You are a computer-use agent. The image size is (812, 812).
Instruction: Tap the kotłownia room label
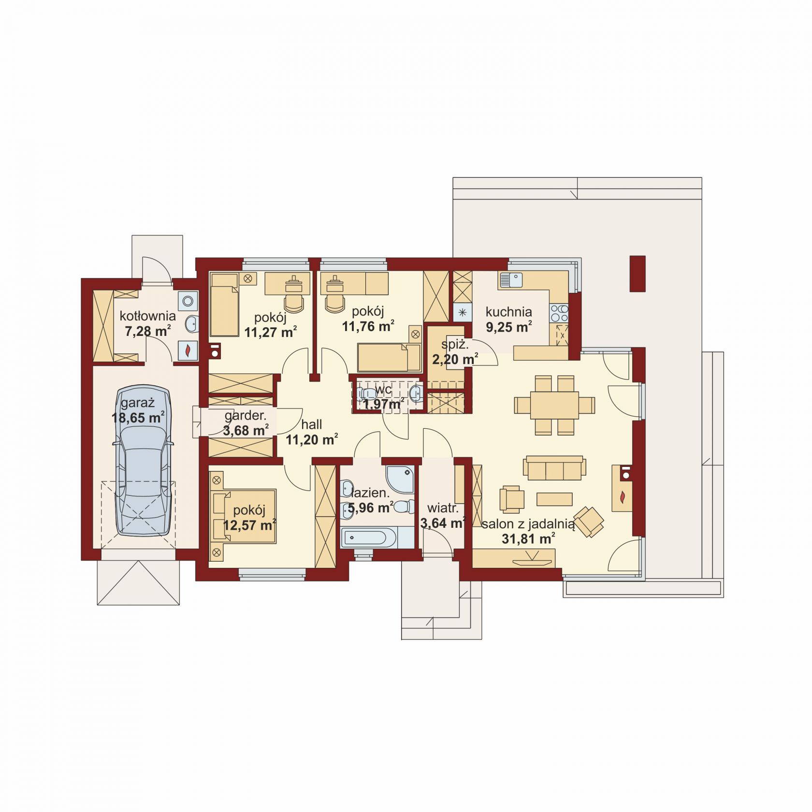[x=147, y=316]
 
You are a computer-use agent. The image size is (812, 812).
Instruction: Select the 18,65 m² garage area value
[x=138, y=418]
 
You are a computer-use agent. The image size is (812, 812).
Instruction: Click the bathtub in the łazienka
[x=370, y=537]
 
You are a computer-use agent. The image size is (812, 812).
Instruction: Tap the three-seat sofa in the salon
[x=554, y=467]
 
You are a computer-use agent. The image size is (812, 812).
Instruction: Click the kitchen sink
[x=511, y=280]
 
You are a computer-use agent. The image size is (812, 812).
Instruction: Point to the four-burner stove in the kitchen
[x=559, y=313]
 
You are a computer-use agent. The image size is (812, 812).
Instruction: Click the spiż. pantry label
[x=455, y=345]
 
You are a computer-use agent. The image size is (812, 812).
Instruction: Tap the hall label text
[x=311, y=424]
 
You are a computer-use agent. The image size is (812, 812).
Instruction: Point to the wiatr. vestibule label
[x=443, y=508]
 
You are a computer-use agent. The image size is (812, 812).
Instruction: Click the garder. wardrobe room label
[x=246, y=415]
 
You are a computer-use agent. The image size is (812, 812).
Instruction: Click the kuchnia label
[x=508, y=312]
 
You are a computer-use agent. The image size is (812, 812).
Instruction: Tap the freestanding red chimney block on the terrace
[x=638, y=274]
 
